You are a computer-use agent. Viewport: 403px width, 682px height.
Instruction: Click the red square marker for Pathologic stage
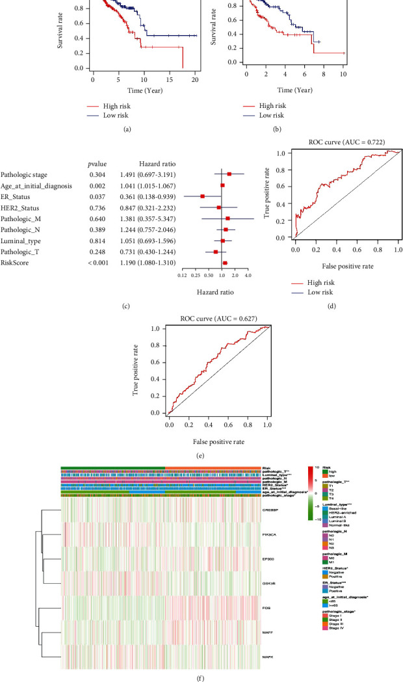coord(229,174)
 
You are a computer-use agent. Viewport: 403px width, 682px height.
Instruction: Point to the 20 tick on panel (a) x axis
coord(195,79)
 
